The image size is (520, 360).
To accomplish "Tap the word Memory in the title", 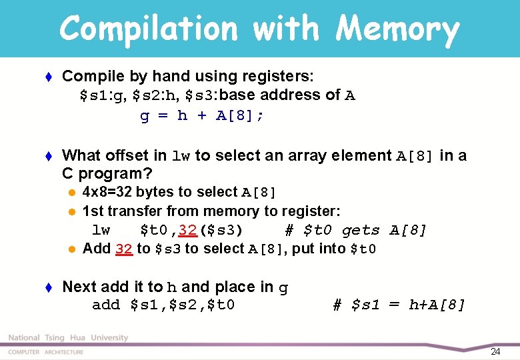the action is pos(397,29).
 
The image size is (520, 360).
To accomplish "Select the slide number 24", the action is pos(495,351).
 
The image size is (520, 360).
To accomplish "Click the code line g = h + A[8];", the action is pos(202,116).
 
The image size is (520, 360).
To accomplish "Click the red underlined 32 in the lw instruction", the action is pos(187,231).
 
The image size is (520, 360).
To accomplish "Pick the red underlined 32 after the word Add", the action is pos(124,249).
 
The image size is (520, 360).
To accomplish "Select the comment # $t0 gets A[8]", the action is pos(355,231).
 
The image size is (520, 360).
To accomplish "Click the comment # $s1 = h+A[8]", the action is pos(399,305).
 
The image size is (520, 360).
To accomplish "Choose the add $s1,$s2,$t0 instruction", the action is pos(163,305).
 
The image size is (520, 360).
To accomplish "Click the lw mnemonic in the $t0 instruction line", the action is pos(101,231).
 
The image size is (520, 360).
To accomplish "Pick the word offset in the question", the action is pos(142,155).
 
